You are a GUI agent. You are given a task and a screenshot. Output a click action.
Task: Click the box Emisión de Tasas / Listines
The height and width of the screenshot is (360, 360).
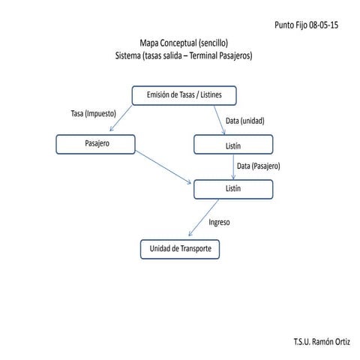184,95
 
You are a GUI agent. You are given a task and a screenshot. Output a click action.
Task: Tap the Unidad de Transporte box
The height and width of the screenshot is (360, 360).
180,249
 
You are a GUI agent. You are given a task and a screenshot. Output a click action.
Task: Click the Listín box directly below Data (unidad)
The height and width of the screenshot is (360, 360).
232,143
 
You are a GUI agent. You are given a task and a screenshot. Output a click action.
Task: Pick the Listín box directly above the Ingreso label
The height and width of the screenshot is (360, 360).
232,189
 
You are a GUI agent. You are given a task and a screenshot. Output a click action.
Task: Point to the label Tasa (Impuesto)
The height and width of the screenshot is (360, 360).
93,114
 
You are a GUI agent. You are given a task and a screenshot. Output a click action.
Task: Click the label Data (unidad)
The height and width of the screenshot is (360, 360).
244,121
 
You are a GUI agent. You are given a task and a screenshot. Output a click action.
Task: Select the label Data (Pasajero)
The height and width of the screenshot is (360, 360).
257,166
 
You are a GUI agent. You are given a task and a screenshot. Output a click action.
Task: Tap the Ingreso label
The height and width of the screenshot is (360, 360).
219,222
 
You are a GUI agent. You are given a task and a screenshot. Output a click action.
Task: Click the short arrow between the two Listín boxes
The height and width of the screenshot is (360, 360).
232,166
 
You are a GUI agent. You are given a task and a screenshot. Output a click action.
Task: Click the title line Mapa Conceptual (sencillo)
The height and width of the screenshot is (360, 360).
183,43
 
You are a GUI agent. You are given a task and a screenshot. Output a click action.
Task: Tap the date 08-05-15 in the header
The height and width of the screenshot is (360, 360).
324,25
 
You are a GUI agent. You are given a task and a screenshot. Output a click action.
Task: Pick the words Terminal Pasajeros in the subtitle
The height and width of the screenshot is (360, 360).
222,55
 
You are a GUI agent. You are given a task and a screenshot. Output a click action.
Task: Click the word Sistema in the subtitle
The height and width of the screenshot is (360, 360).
130,55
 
